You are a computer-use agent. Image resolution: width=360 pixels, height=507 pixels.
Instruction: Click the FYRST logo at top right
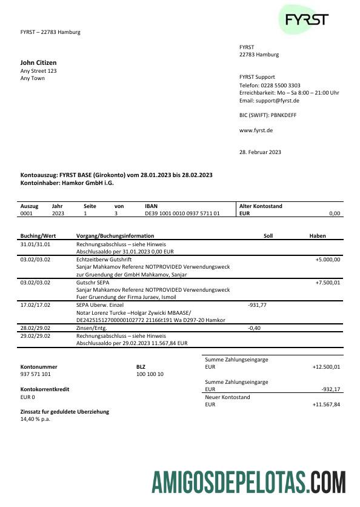pos(307,19)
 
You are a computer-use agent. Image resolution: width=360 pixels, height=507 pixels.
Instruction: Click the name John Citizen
pos(38,62)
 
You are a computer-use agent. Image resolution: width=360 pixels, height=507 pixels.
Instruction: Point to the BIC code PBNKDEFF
pos(284,115)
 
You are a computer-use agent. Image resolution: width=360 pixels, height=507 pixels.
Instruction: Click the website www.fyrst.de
pos(256,130)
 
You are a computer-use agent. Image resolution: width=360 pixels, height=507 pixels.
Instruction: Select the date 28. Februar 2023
pos(260,152)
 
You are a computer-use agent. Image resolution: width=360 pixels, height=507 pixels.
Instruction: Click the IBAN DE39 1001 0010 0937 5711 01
pos(182,213)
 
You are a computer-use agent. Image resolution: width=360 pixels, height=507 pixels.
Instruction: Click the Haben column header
pos(318,236)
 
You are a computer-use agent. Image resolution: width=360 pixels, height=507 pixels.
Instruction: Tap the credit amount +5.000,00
pos(328,260)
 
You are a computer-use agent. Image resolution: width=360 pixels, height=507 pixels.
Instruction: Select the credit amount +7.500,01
pos(328,283)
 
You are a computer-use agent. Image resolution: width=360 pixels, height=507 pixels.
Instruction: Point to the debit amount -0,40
pos(255,328)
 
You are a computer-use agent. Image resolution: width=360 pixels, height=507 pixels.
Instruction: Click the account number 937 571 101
pos(36,375)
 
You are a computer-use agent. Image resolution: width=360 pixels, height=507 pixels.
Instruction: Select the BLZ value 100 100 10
pos(150,375)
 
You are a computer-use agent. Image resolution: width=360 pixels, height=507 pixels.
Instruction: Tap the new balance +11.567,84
pos(326,405)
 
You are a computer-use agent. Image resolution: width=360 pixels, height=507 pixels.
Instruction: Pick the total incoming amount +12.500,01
pos(326,367)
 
